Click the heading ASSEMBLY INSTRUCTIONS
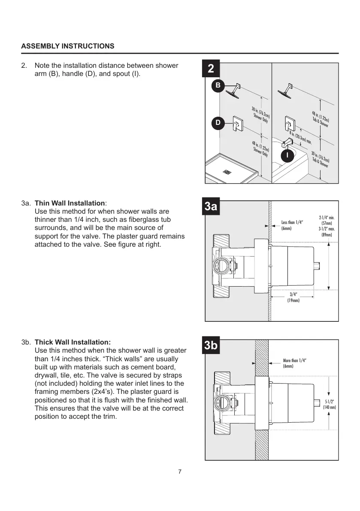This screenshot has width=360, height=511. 68,46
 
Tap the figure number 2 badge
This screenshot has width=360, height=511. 210,69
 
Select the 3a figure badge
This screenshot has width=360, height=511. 210,207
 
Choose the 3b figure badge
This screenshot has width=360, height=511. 211,346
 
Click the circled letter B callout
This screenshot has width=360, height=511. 218,86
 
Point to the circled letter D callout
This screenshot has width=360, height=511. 218,123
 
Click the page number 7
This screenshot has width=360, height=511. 180,472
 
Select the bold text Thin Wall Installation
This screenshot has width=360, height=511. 70,203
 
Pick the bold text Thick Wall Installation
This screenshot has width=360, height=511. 73,342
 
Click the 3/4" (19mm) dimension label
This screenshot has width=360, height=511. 293,297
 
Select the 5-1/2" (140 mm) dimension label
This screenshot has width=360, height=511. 329,404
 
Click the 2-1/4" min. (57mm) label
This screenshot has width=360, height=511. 327,221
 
